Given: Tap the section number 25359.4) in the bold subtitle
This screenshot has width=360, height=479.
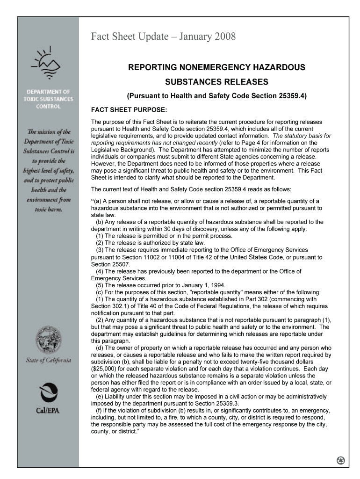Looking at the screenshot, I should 290,96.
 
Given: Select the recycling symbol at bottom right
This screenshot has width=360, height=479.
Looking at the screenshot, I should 340,460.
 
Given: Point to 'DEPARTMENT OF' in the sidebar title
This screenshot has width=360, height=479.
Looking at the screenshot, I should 48,92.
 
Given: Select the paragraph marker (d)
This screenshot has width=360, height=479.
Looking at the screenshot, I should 100,348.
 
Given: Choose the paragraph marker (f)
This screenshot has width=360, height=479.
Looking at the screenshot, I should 99,410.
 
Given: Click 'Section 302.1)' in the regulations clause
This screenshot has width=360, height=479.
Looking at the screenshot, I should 110,306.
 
